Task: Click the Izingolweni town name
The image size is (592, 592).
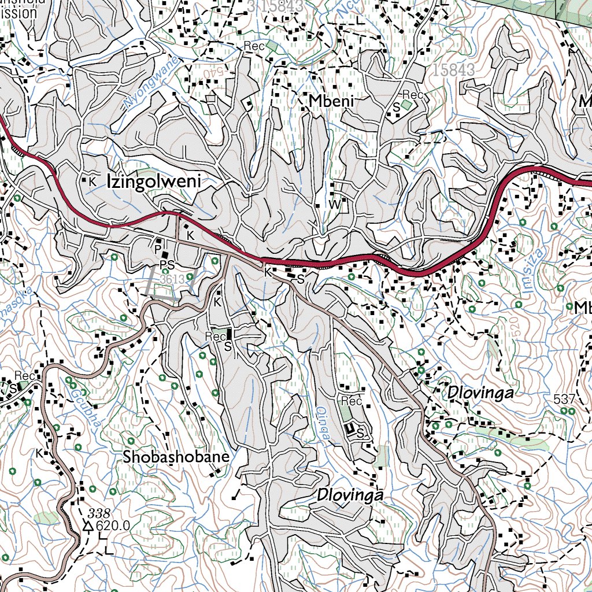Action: click(x=153, y=181)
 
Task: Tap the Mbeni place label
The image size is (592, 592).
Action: click(x=331, y=102)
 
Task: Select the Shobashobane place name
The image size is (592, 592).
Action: click(x=176, y=457)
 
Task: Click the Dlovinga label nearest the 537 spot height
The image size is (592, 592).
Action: click(x=480, y=393)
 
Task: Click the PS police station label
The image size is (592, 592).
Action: click(x=167, y=265)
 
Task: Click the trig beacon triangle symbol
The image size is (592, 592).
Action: click(x=88, y=526)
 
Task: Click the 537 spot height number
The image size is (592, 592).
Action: click(x=564, y=399)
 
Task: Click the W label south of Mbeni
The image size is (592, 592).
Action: click(x=335, y=205)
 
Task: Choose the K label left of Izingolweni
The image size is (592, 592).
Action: click(x=91, y=181)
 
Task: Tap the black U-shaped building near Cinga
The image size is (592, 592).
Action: click(x=349, y=428)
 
